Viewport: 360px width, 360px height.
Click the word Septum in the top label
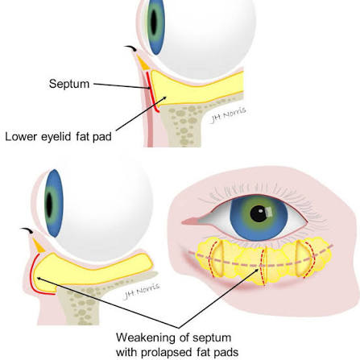click(69, 84)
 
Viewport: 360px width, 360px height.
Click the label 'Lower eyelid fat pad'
click(58, 137)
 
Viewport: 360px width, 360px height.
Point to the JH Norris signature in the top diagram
click(228, 115)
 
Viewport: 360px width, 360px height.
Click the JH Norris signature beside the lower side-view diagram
click(141, 291)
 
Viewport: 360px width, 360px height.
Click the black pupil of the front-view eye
click(259, 213)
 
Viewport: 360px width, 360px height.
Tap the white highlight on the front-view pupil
click(269, 213)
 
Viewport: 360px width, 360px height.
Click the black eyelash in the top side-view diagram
click(130, 48)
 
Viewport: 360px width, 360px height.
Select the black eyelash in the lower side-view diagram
click(27, 230)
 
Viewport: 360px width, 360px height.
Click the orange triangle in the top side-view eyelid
click(143, 64)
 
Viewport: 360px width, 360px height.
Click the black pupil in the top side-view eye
click(154, 22)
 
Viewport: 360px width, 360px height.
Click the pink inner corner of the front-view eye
click(191, 221)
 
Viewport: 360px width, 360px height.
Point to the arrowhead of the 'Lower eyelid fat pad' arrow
click(164, 98)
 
